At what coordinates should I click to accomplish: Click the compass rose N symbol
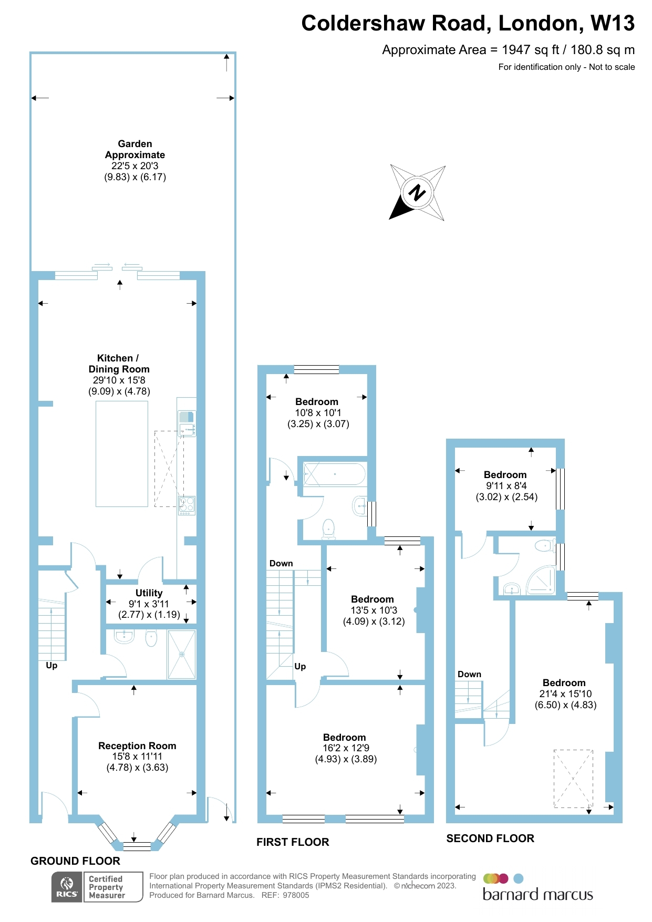417,193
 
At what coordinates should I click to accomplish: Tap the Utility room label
149,593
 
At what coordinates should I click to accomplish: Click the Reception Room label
137,745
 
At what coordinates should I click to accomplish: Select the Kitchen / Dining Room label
119,364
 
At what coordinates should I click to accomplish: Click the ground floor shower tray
182,655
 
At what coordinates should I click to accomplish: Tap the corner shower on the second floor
542,581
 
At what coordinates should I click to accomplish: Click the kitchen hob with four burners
187,505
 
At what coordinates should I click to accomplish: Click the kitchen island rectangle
122,454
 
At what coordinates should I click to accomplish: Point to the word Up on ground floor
51,665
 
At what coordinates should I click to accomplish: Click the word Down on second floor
469,674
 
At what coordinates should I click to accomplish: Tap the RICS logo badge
67,887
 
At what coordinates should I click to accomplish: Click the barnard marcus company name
537,895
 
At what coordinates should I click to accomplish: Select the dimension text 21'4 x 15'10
565,693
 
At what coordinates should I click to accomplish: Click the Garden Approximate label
135,149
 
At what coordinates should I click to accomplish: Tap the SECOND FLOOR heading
490,838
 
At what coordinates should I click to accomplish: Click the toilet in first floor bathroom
329,528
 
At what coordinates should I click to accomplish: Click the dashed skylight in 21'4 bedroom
573,779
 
